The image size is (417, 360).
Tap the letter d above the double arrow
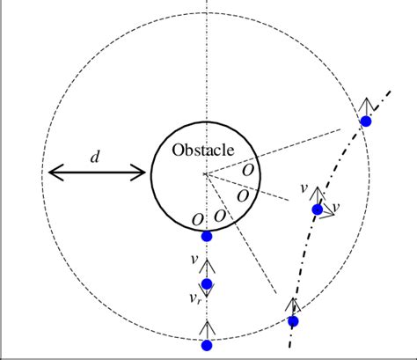point(95,158)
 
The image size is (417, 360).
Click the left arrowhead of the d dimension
point(53,173)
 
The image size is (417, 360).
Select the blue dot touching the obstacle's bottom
point(207,236)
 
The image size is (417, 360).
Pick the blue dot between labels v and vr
point(207,283)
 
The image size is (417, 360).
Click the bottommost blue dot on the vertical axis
point(207,345)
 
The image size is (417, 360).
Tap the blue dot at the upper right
point(367,121)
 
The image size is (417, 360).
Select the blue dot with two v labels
point(317,209)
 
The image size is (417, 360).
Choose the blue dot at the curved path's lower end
point(293,320)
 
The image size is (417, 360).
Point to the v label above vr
point(194,260)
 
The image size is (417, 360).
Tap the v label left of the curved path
point(304,188)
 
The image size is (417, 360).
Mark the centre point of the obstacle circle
point(205,174)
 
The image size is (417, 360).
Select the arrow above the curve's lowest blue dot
point(294,305)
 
